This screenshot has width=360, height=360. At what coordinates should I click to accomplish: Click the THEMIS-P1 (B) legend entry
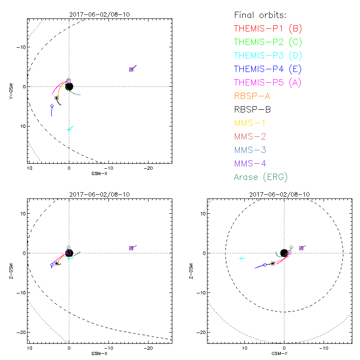point(268,29)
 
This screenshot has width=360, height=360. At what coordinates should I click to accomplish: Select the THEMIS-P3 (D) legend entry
point(268,56)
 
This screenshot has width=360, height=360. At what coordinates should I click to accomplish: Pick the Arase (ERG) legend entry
point(261,177)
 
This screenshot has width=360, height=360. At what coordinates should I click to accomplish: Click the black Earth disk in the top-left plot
point(69,86)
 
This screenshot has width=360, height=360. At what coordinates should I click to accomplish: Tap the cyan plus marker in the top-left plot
point(69,130)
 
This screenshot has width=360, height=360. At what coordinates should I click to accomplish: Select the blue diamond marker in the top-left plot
point(52,106)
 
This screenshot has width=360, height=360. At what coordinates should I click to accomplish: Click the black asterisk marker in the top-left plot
point(56,98)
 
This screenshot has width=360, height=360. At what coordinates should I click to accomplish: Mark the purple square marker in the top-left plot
point(131,69)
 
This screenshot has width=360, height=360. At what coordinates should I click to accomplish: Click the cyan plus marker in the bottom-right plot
point(242,258)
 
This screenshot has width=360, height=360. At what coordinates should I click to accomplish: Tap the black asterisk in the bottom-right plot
point(273,263)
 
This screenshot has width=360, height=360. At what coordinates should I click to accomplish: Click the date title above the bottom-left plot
point(99,194)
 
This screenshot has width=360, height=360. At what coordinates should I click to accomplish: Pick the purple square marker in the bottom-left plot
point(131,248)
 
